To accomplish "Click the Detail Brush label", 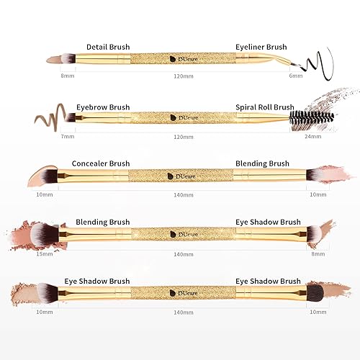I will pos(108,47).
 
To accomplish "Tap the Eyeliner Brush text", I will pos(261,47).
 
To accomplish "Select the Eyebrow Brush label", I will pos(103,107).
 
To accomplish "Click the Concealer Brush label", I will pos(100,163).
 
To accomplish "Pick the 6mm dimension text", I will pos(295,76).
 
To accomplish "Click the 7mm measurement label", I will pos(68,135).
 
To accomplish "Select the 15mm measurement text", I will pos(45,253).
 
